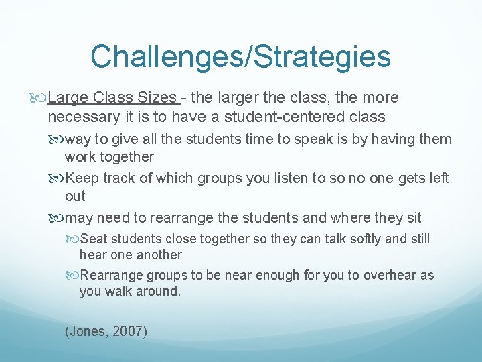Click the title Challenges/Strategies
(240, 56)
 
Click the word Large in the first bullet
(65, 98)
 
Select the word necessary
(84, 117)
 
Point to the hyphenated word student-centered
(278, 117)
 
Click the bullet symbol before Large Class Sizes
(40, 98)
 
